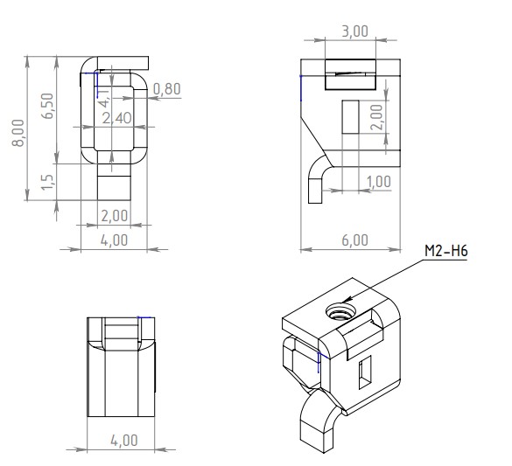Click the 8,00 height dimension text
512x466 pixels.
[18, 133]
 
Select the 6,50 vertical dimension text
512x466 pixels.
[48, 106]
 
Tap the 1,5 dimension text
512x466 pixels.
[47, 182]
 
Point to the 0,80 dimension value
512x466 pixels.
[167, 89]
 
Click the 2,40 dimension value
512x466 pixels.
[117, 118]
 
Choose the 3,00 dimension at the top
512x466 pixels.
[355, 31]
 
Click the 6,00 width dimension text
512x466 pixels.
[355, 240]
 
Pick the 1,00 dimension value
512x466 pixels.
[379, 182]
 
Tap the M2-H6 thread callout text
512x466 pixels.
[446, 251]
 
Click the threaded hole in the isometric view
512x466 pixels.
[340, 311]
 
